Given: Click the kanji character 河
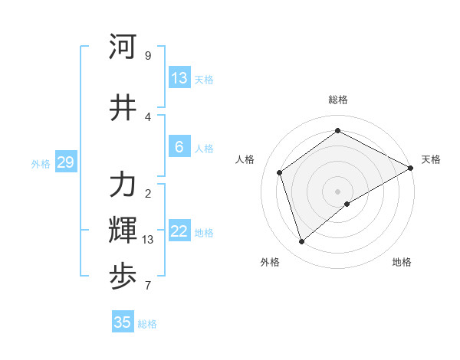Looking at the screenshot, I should coord(123,47).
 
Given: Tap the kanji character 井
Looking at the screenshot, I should coord(123,108).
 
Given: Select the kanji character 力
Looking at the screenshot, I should coord(123,185).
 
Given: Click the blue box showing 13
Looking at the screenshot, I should coord(179,78).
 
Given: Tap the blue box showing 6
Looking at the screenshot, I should coord(179,147).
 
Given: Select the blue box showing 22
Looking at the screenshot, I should coord(179,231).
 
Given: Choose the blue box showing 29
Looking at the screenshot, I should coord(65,162).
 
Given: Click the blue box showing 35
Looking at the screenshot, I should coord(123,322).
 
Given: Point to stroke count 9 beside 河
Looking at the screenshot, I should coord(148,55).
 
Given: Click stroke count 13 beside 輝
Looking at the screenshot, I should coord(148,240).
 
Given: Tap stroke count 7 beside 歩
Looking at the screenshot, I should coord(148,286).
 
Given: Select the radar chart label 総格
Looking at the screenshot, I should coord(338,100).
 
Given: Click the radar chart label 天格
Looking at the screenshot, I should coord(431,159).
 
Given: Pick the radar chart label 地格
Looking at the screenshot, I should coord(402,262).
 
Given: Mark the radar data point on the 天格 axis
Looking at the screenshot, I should coord(411,168).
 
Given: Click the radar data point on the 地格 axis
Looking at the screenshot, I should coord(347,204).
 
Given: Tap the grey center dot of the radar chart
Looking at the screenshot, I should coord(338,191).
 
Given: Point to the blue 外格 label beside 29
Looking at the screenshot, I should coord(41,163).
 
